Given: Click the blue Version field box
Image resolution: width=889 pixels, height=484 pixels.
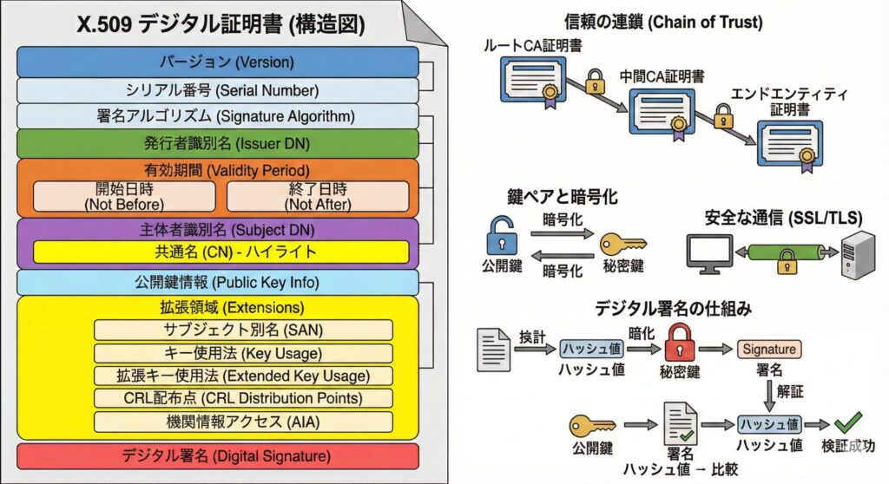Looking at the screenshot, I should (x=218, y=62).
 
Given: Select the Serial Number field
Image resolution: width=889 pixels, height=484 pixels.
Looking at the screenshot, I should (x=218, y=90).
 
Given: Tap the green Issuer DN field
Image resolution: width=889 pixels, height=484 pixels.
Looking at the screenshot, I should (x=218, y=143).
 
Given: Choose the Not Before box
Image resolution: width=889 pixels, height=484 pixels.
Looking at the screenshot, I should (x=123, y=197).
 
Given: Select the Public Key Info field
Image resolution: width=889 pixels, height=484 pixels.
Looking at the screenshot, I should (x=218, y=282).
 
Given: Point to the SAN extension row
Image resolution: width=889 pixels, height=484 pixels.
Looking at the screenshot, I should (x=243, y=330).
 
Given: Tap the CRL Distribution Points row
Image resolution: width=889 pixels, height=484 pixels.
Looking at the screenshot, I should (x=243, y=398).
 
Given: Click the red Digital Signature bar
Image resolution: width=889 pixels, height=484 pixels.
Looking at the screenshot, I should (x=218, y=455).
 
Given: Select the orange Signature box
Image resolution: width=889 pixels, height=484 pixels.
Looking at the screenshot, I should (x=768, y=350).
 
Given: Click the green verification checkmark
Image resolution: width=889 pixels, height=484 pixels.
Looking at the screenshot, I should (x=846, y=424).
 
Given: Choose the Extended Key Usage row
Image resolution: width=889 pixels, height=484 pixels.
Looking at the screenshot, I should (x=243, y=376).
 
